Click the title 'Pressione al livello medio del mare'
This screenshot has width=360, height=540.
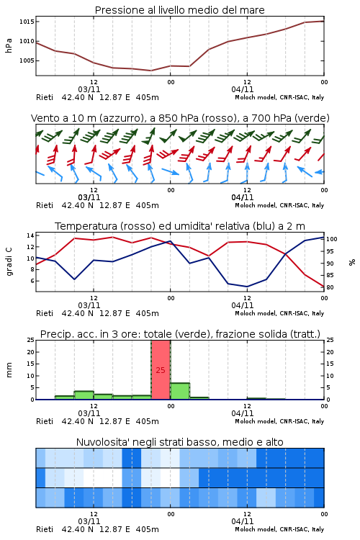179,10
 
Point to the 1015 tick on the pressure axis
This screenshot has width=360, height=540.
27,22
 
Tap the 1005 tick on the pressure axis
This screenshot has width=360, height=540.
27,60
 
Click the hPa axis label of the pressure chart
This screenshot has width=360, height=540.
9,45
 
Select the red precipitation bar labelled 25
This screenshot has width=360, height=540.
161,370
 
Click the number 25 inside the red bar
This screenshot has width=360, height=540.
161,370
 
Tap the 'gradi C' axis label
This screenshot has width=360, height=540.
9,261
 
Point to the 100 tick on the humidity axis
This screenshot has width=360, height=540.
332,239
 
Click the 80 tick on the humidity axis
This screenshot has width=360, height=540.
330,287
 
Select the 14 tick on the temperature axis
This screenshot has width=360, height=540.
30,235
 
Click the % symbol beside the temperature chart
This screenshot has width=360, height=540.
352,262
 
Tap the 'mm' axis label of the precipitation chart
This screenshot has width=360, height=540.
9,370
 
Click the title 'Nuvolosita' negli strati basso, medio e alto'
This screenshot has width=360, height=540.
179,442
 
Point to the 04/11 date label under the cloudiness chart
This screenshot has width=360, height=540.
243,521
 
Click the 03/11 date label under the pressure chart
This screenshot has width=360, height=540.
89,89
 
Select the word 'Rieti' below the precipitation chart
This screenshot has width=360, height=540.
45,421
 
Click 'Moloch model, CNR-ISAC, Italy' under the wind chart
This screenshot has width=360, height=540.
279,205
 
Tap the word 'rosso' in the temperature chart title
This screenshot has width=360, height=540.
137,226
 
